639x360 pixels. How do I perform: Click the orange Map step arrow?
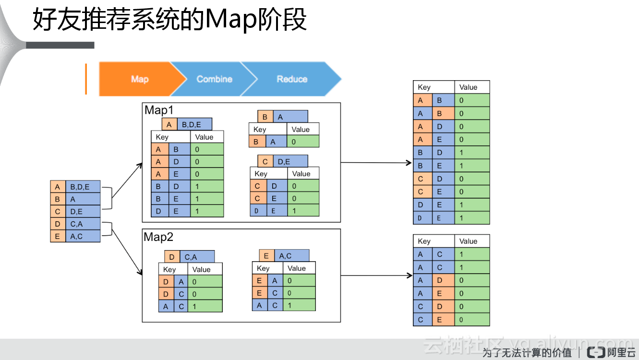click(139, 79)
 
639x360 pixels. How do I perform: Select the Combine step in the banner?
click(214, 79)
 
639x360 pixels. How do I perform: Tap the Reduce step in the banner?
click(291, 79)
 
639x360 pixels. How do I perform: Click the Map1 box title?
click(159, 110)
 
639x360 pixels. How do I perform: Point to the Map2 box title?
click(159, 237)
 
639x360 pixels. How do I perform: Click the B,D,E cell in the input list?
click(83, 187)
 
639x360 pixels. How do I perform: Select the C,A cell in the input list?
click(83, 224)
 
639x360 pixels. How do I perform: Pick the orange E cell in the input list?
click(58, 236)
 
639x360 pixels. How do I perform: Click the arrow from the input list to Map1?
click(127, 180)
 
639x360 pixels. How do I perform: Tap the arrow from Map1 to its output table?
click(376, 163)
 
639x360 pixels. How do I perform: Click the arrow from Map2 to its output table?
click(376, 276)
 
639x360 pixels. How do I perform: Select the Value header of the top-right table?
click(468, 87)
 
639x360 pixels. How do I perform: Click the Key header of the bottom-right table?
click(424, 241)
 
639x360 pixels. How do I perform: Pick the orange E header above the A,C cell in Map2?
click(266, 256)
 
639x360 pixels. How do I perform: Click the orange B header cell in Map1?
click(265, 117)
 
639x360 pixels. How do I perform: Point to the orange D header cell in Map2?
click(172, 257)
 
